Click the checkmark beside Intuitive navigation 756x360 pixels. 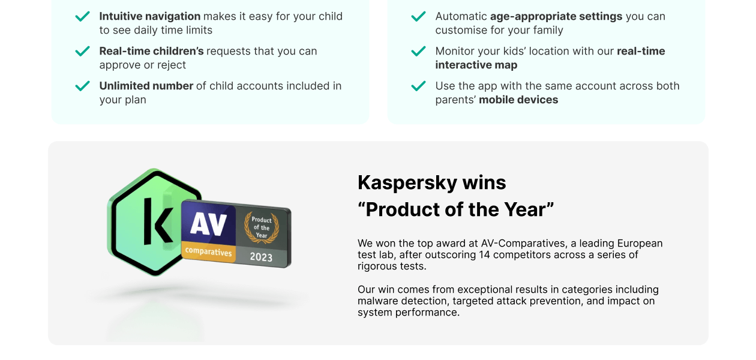coord(83,17)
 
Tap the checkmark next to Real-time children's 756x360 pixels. coord(83,52)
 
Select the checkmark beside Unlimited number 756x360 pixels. coord(83,86)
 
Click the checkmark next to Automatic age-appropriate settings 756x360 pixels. coord(419,17)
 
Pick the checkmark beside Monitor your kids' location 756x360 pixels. coord(419,52)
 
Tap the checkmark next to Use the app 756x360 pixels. coord(419,86)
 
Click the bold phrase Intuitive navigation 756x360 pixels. coord(149,16)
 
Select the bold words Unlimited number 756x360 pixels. coord(146,86)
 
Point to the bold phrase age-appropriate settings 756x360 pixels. coord(556,16)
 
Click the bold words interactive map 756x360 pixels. coord(476,65)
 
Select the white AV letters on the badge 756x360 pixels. coord(208,224)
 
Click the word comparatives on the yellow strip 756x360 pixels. coord(208,251)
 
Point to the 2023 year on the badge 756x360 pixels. coord(261,257)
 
